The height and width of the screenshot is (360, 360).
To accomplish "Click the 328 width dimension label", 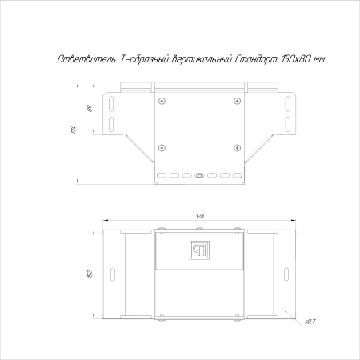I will (x=198, y=216).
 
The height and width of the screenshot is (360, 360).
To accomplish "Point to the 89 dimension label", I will (x=90, y=110).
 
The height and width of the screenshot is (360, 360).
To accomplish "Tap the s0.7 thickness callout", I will (x=310, y=322).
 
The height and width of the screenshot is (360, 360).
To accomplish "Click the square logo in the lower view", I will (x=198, y=250).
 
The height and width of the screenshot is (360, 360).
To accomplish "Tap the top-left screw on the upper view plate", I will (x=162, y=100).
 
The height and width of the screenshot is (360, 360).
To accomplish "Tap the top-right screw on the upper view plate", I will (x=237, y=100).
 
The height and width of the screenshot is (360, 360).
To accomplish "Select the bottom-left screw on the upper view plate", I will (x=162, y=147).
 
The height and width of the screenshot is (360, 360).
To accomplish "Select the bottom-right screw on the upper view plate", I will (x=237, y=147).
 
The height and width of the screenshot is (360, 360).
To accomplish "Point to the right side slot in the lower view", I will (x=286, y=274).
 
